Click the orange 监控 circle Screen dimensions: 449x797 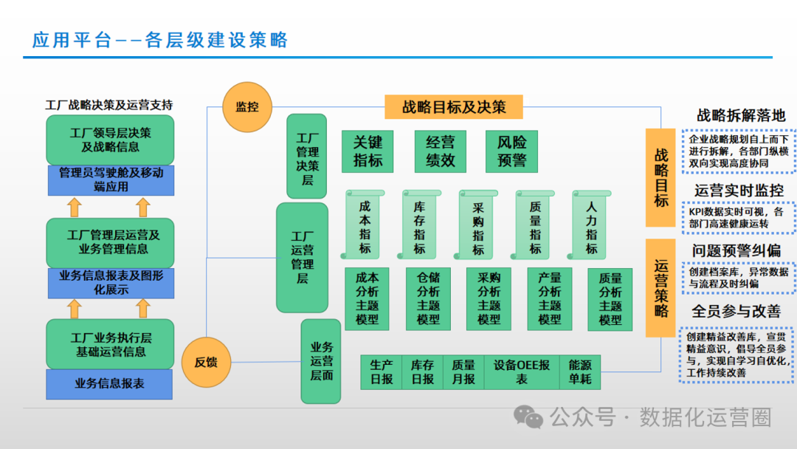pyautogui.click(x=247, y=106)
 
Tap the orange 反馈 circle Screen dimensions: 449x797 pyautogui.click(x=206, y=362)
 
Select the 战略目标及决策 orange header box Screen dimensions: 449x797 pyautogui.click(x=454, y=107)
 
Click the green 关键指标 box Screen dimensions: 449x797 pyautogui.click(x=368, y=151)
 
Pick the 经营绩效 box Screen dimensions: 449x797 pyautogui.click(x=440, y=151)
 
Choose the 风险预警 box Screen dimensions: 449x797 pyautogui.click(x=511, y=151)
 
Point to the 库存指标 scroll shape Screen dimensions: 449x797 pyautogui.click(x=420, y=224)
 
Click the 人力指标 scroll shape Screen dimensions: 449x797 pyautogui.click(x=591, y=224)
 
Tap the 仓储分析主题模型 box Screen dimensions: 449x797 pyautogui.click(x=428, y=298)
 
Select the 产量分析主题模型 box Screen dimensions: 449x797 pyautogui.click(x=550, y=298)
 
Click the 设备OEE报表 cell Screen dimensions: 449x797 pyautogui.click(x=522, y=371)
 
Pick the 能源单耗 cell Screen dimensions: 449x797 pyautogui.click(x=580, y=371)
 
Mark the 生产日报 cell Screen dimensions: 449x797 pyautogui.click(x=382, y=371)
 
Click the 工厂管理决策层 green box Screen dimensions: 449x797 pyautogui.click(x=306, y=157)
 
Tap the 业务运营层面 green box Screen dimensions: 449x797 pyautogui.click(x=321, y=361)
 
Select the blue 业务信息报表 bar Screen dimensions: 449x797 pyautogui.click(x=109, y=384)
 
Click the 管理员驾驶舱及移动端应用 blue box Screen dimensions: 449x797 pyautogui.click(x=111, y=180)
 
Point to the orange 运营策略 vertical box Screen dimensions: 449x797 pyautogui.click(x=661, y=287)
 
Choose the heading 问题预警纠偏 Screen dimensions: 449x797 pyautogui.click(x=736, y=250)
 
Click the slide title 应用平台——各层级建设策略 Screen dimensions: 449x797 pyautogui.click(x=160, y=40)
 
